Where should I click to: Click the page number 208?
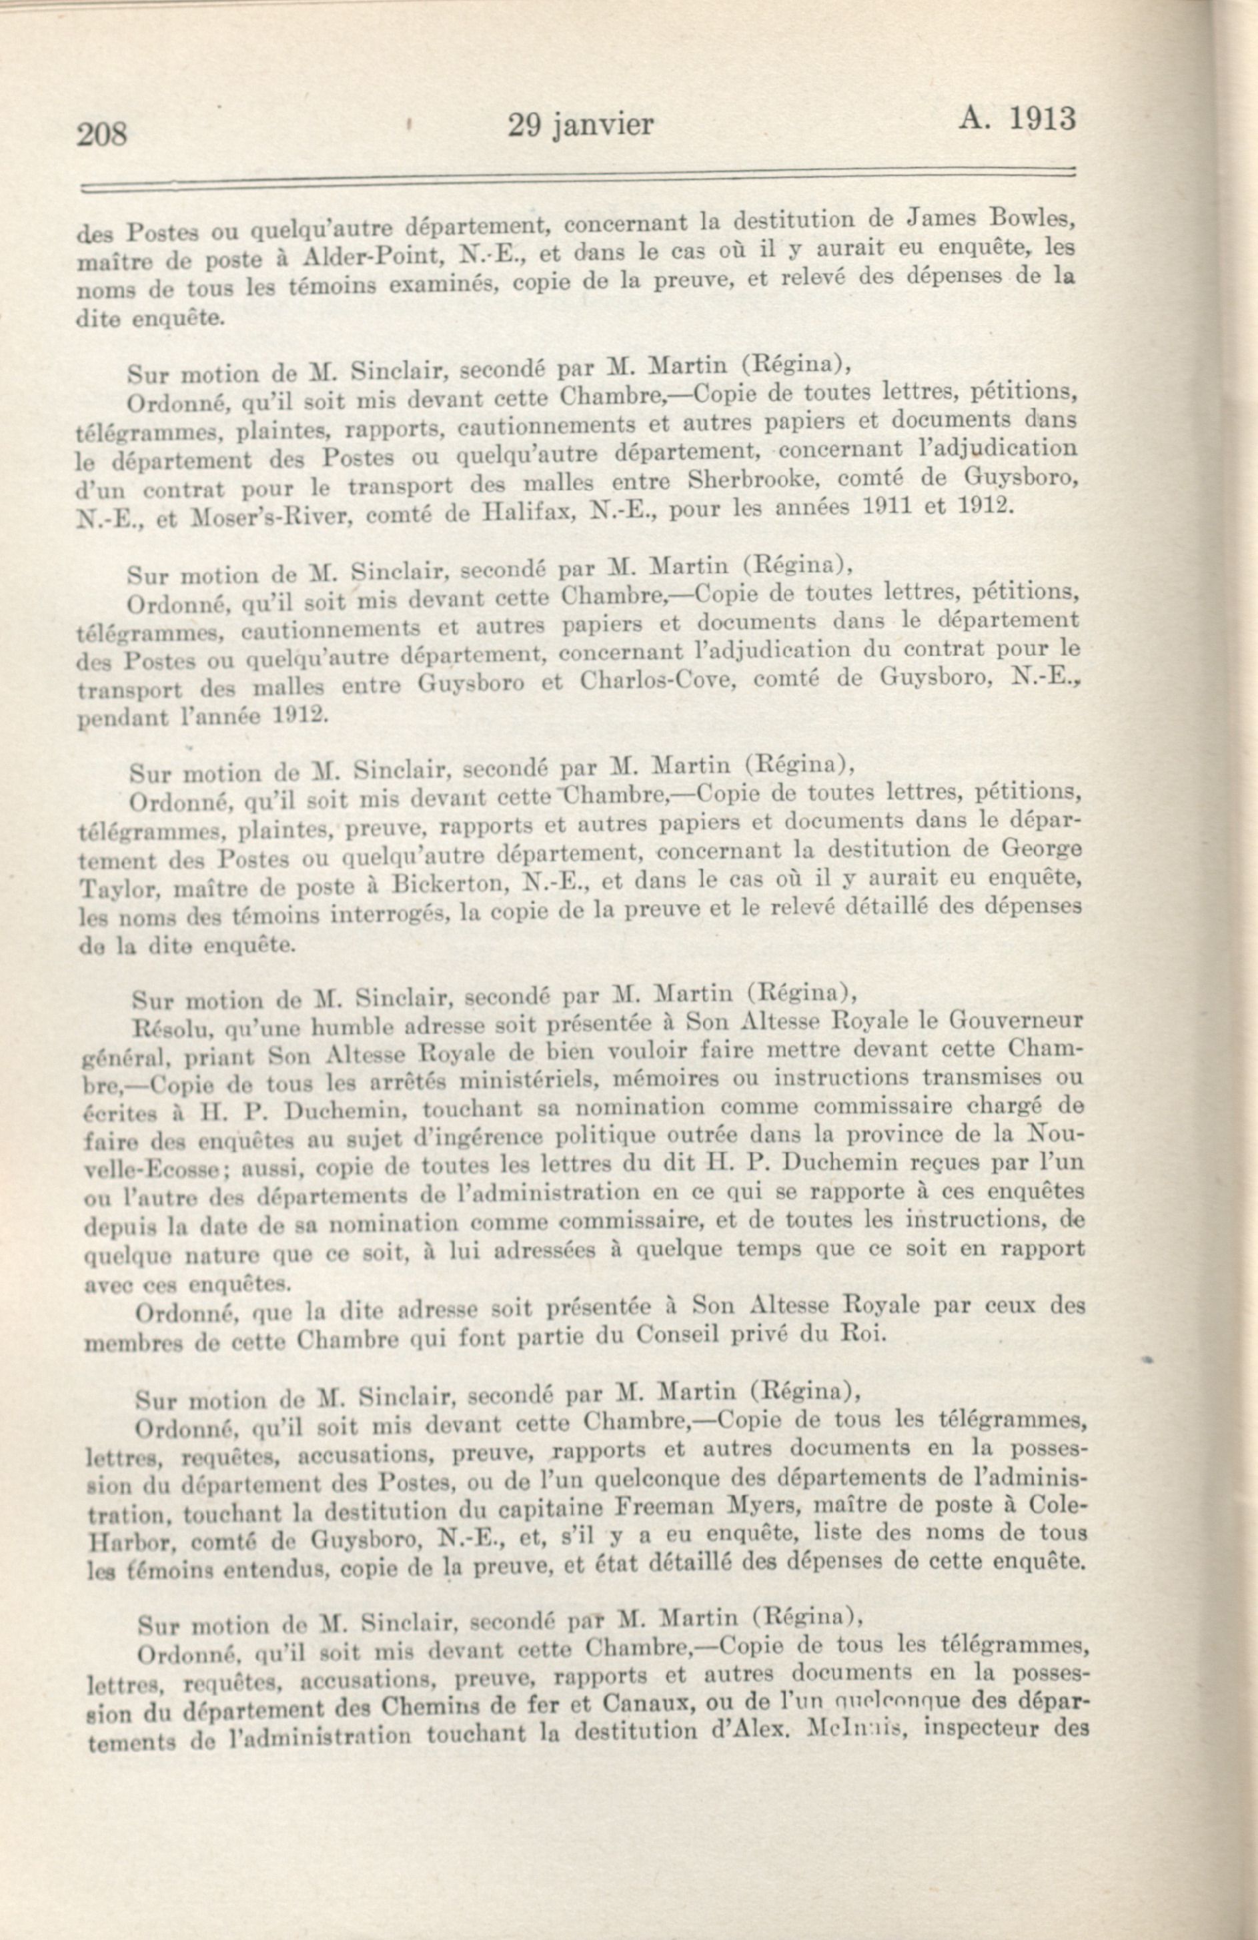[103, 133]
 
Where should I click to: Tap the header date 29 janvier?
[580, 125]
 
